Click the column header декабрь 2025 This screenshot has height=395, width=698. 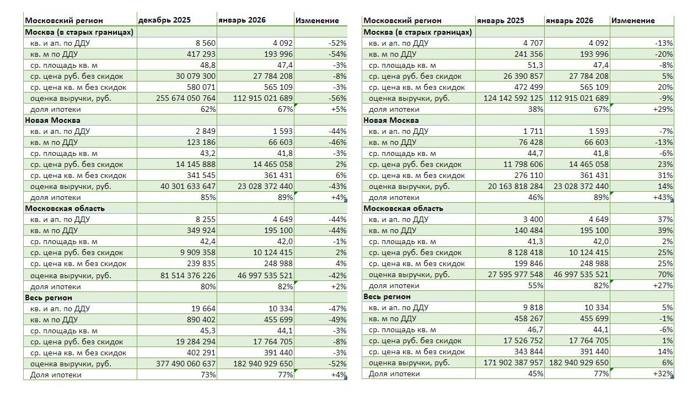pyautogui.click(x=164, y=20)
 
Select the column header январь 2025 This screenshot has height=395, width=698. pyautogui.click(x=501, y=20)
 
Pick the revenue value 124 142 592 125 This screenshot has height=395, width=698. pyautogui.click(x=508, y=98)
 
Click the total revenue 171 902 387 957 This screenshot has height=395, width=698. pyautogui.click(x=508, y=362)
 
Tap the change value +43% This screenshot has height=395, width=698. pyautogui.click(x=662, y=197)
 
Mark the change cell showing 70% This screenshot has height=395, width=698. pyautogui.click(x=665, y=274)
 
